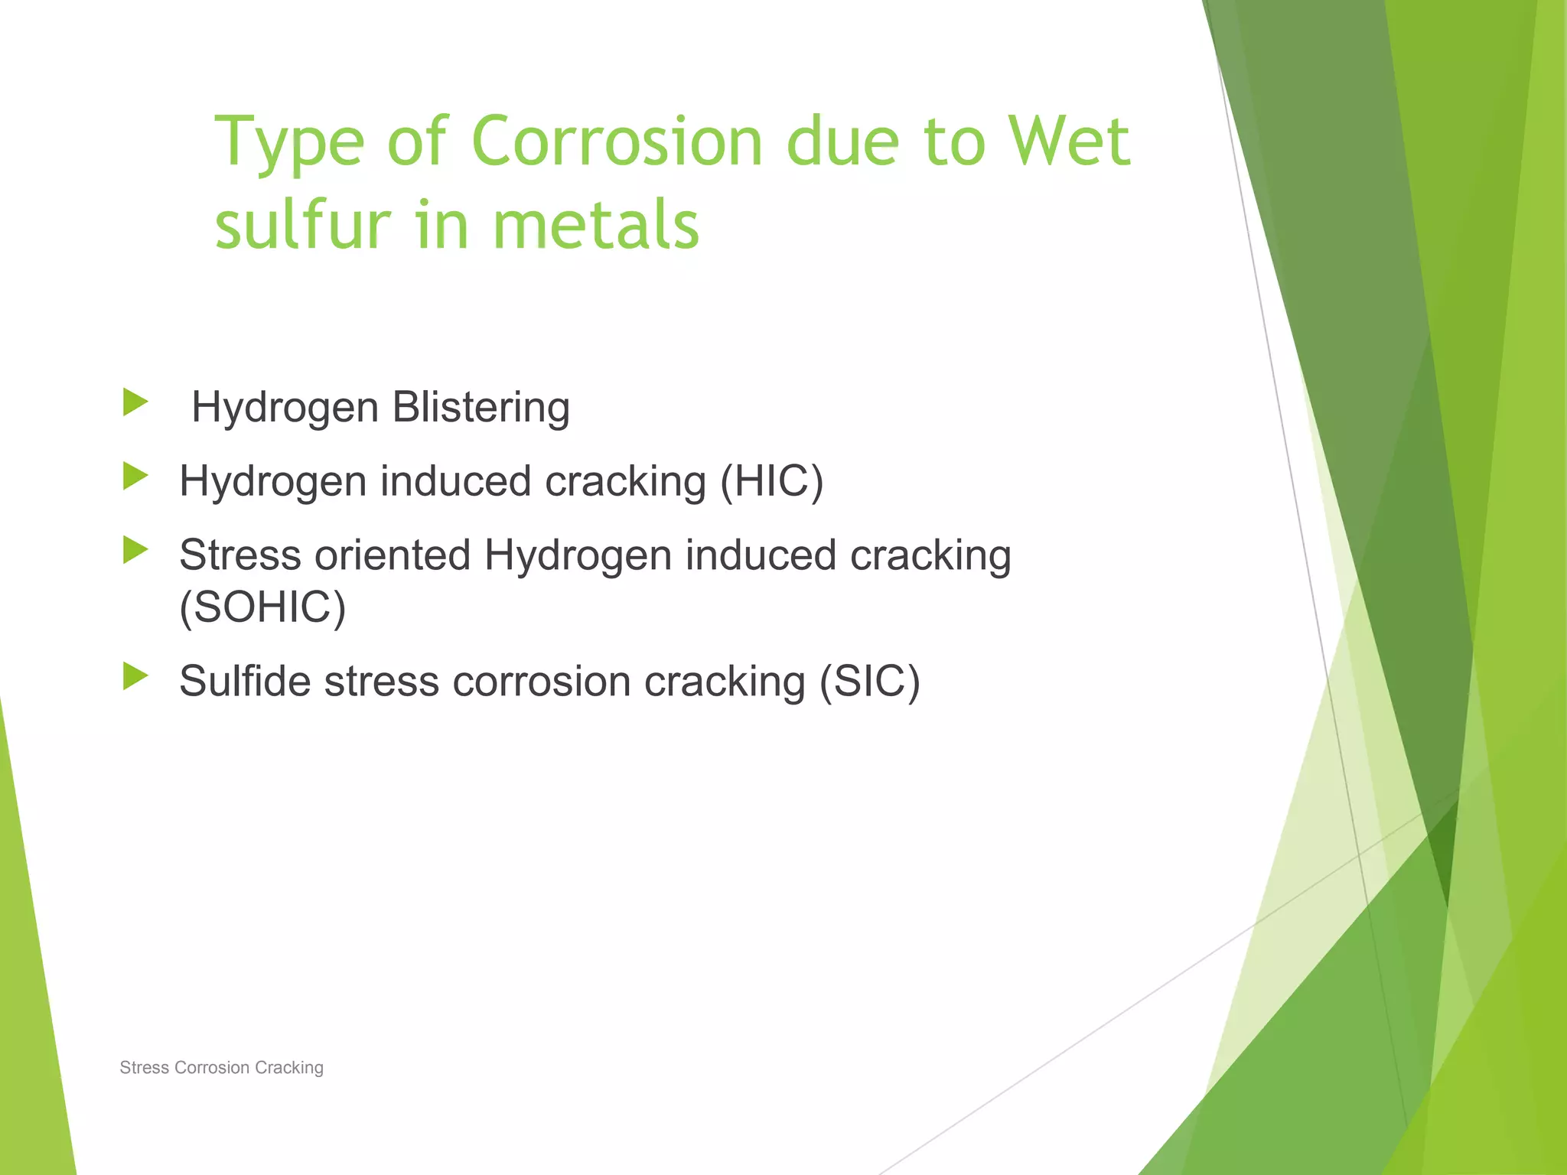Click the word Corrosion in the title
pos(617,142)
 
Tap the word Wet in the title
pos(1069,142)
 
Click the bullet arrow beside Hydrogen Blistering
pos(135,402)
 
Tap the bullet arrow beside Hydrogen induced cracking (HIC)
pos(135,477)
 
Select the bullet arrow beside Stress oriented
pos(135,550)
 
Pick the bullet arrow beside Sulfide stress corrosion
pos(135,676)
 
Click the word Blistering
pos(481,407)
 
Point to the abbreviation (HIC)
pos(771,481)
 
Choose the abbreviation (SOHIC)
pos(262,607)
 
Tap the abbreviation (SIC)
pos(869,681)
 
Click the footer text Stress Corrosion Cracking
pos(221,1067)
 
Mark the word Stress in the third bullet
pos(240,555)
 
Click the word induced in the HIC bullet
pos(455,481)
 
